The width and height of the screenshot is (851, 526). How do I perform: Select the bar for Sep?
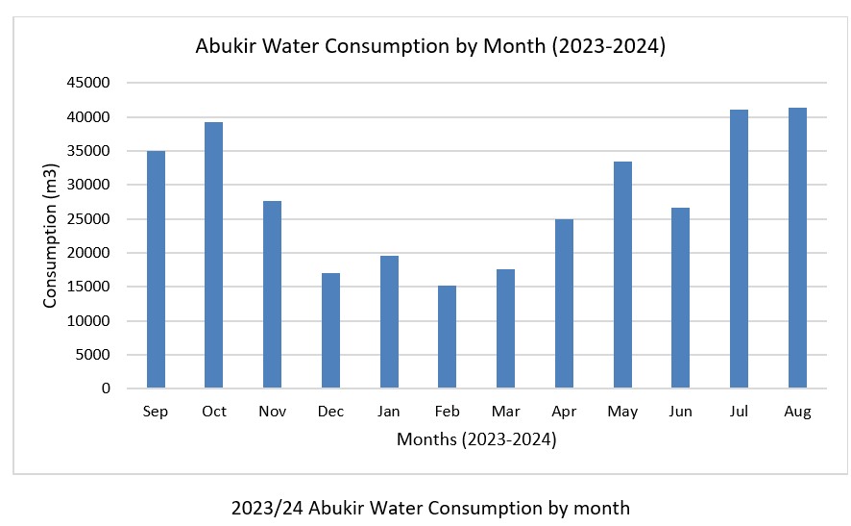click(x=156, y=269)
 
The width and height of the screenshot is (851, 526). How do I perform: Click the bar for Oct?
click(x=213, y=255)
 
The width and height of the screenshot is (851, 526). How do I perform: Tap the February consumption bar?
click(x=447, y=337)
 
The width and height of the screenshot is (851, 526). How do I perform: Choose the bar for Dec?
click(x=330, y=331)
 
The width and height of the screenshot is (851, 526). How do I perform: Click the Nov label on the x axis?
click(x=272, y=412)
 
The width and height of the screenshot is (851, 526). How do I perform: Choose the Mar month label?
click(x=505, y=412)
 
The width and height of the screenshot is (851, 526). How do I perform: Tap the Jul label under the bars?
click(x=739, y=412)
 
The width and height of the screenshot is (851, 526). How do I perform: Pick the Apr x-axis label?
click(x=564, y=412)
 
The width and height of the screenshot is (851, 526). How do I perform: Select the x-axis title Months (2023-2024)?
click(x=476, y=440)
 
